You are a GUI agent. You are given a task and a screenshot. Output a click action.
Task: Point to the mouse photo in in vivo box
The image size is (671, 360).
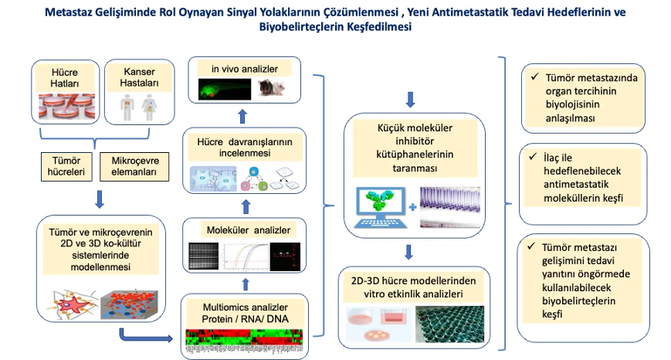click(272, 89)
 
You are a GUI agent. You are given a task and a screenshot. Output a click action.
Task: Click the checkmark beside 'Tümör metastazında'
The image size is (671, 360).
click(534, 77)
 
